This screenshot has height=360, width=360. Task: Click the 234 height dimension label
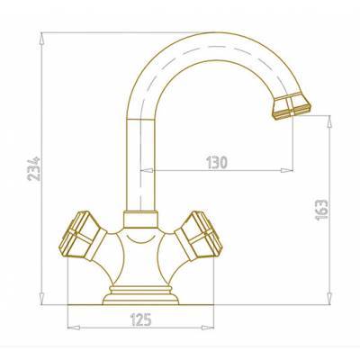click(33, 168)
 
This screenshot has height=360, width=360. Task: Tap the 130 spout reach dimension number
click(217, 163)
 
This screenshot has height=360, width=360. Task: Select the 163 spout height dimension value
click(322, 210)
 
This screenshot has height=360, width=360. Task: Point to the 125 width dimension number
click(140, 319)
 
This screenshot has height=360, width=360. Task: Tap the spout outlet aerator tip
click(292, 106)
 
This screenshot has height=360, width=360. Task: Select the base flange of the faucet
click(140, 295)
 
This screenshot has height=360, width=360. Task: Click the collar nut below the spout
click(140, 220)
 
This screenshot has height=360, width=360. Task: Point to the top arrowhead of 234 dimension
click(42, 39)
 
